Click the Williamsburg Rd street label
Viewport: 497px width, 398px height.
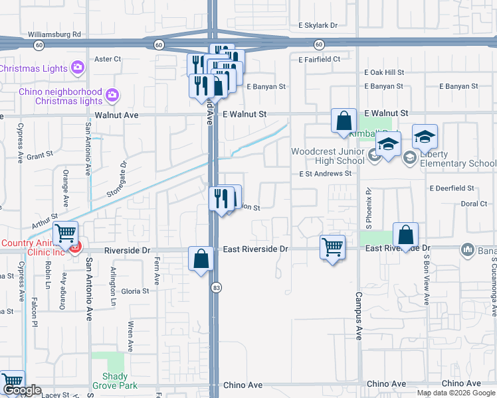[54, 34]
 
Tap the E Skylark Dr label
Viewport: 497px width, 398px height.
[318, 25]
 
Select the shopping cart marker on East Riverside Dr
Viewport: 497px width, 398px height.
[332, 247]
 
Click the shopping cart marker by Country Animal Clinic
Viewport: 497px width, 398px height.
[66, 234]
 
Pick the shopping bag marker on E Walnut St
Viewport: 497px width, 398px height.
[344, 121]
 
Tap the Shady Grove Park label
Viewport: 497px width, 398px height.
[114, 381]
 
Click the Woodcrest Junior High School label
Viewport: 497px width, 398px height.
[328, 156]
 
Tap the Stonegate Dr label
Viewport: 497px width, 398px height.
[116, 179]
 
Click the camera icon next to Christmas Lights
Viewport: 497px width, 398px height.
[78, 68]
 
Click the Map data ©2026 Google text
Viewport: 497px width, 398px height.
[456, 393]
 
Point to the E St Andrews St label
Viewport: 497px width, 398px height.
[325, 174]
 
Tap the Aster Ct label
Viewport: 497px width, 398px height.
[108, 59]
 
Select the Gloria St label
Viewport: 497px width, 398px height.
[135, 291]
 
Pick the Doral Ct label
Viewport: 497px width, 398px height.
[474, 204]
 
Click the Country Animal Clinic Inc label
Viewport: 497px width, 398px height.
[32, 247]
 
